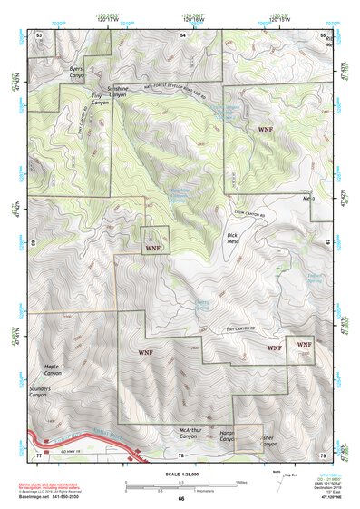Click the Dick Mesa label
pyautogui.click(x=237, y=240)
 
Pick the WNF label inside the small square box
pyautogui.click(x=152, y=247)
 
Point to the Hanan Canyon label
pyautogui.click(x=232, y=437)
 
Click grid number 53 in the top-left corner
pyautogui.click(x=39, y=34)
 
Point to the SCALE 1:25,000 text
pyautogui.click(x=180, y=475)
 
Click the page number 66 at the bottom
pyautogui.click(x=180, y=498)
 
